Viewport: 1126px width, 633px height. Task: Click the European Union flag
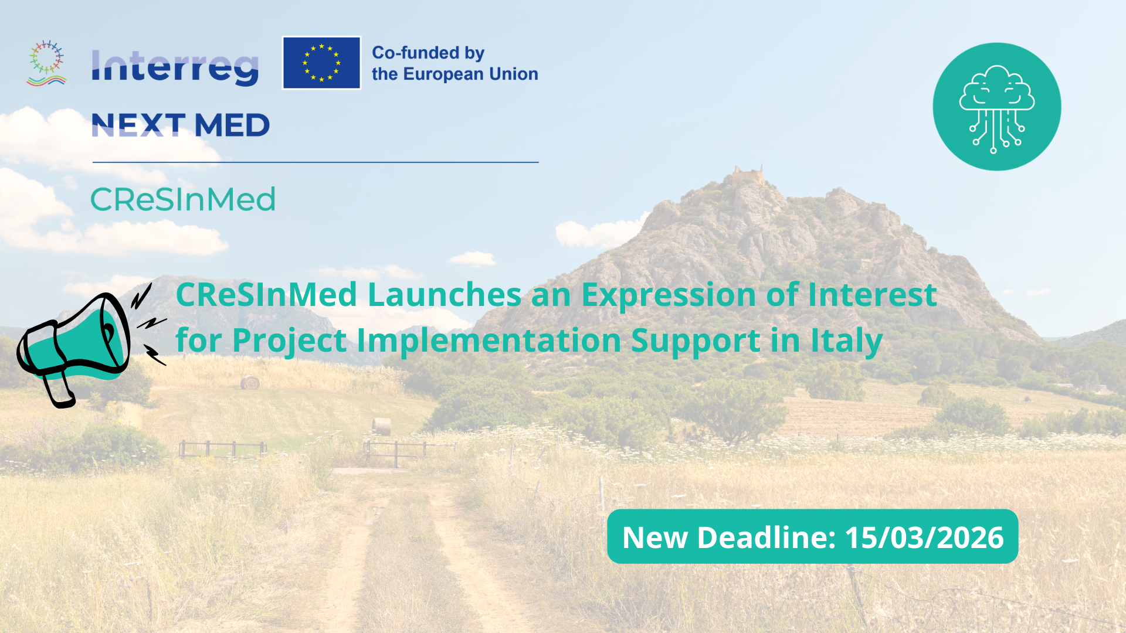click(321, 63)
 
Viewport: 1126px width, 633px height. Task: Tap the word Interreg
click(175, 67)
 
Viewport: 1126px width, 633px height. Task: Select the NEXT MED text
click(181, 125)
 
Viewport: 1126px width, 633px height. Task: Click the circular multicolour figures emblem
click(47, 63)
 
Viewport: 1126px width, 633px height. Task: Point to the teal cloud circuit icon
click(996, 107)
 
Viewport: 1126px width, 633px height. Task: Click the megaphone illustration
click(76, 346)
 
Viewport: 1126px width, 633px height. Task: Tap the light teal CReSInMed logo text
click(183, 199)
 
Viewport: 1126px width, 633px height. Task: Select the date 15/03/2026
click(924, 537)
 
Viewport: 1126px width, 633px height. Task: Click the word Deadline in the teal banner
click(766, 537)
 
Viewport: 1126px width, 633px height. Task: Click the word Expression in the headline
click(669, 294)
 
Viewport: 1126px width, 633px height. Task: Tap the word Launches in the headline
click(444, 294)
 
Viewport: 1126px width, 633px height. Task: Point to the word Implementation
click(489, 341)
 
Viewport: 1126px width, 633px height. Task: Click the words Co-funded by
click(428, 53)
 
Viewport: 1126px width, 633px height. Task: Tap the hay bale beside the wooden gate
click(382, 426)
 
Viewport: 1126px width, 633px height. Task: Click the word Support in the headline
click(696, 341)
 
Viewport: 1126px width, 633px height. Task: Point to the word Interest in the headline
click(872, 294)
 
